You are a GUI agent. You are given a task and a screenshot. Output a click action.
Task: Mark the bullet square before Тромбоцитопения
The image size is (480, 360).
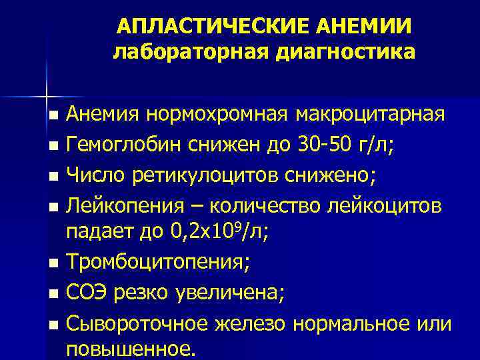[54, 261]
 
